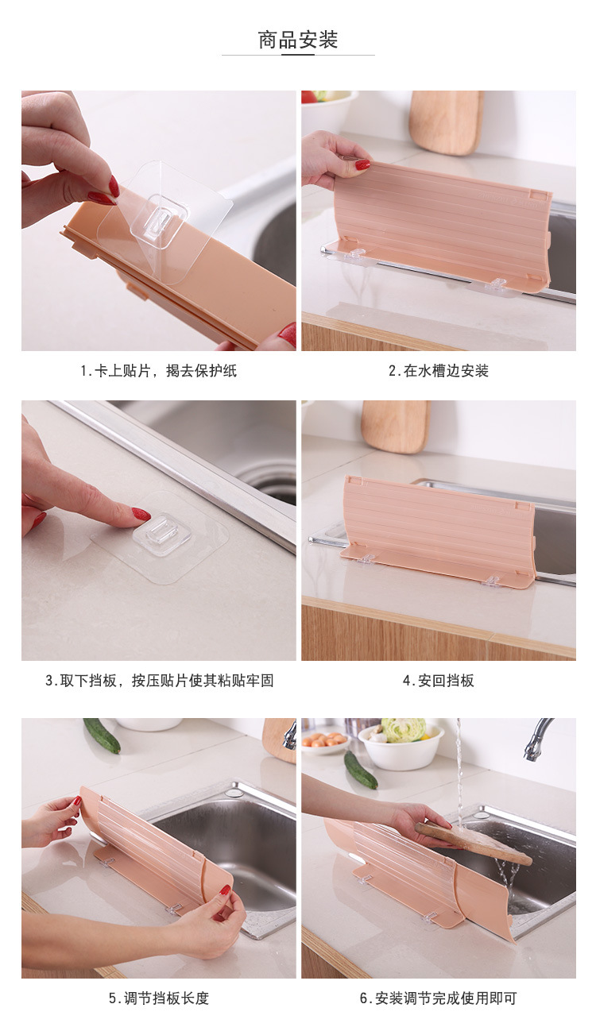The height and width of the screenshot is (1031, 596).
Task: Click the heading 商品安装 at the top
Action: pos(298,40)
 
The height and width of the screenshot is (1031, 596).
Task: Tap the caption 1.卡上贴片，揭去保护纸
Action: pos(158,370)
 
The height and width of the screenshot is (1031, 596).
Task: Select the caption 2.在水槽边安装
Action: pos(438,370)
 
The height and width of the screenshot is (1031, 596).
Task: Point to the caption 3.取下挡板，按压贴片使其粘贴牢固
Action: pos(160,680)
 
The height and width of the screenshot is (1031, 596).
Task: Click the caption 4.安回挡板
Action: pos(438,680)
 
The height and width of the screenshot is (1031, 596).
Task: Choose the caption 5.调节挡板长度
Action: pos(159,998)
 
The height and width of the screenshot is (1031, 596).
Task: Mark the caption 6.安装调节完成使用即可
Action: pos(438,998)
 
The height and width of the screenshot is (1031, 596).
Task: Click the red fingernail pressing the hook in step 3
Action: pos(141,514)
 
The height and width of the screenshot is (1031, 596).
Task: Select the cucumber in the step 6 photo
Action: pos(361,769)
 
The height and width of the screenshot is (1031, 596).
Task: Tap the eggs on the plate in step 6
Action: pos(323,740)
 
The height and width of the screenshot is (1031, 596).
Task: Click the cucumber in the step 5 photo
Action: pos(102,735)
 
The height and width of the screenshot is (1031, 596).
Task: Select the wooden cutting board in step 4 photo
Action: pos(395,427)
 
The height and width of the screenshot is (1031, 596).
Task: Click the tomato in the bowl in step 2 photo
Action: pos(309,97)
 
